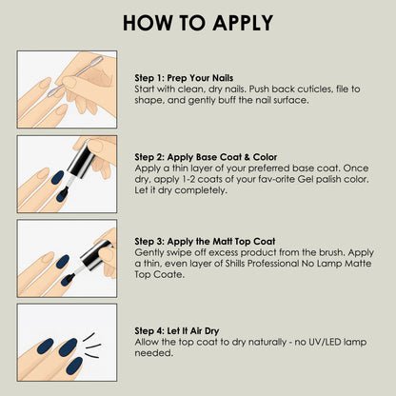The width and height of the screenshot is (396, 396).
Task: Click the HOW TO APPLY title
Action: [x=198, y=23]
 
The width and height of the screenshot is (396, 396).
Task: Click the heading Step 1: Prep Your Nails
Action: [x=185, y=77]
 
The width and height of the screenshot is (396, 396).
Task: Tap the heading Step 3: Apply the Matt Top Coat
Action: [x=205, y=242]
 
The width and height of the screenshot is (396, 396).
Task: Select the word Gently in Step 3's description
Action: [x=149, y=252]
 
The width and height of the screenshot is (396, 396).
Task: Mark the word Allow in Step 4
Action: [x=148, y=340]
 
